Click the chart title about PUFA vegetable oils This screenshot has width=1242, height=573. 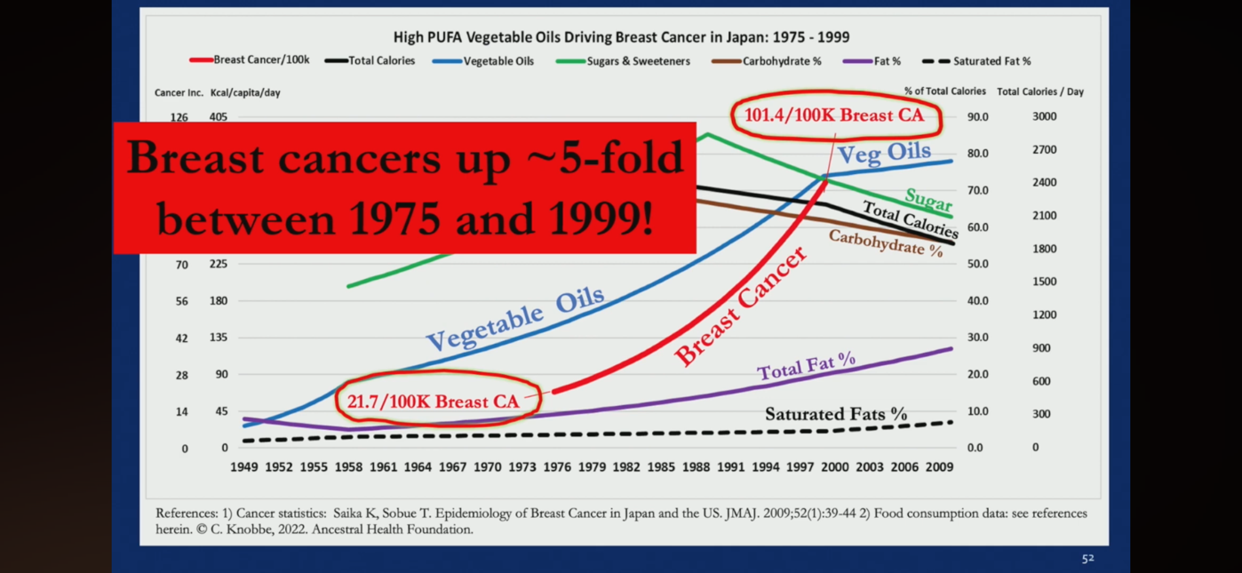pos(621,37)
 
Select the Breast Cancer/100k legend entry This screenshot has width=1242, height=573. pos(249,60)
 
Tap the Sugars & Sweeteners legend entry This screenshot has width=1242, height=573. pos(623,61)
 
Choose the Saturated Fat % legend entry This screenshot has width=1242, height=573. pos(976,61)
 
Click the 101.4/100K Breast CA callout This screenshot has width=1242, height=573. pos(836,115)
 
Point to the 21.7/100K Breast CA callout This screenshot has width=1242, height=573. pos(437,401)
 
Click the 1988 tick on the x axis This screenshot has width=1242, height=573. pos(696,467)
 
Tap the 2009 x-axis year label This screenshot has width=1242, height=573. pos(939,467)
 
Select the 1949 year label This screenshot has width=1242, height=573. pos(244,467)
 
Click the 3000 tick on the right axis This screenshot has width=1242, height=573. pos(1044,116)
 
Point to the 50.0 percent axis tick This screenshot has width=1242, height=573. pos(977,264)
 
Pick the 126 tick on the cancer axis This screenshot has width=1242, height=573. pos(179,117)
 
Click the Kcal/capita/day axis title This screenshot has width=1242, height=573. pos(245,92)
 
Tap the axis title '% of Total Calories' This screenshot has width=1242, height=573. pos(944,91)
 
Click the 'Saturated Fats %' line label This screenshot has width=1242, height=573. pos(836,414)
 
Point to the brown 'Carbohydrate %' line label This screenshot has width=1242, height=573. pos(886,243)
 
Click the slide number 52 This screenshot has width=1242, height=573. pos(1087,559)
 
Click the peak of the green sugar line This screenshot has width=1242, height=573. pos(708,134)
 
